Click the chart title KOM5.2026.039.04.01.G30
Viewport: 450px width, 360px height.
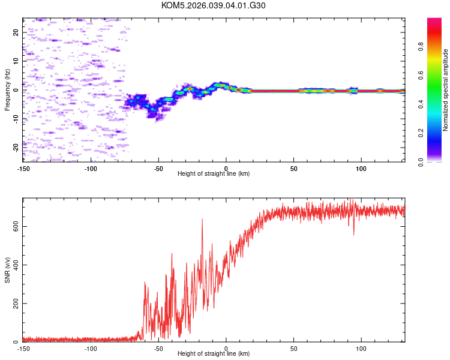(214, 5)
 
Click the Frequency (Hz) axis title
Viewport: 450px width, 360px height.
(7, 90)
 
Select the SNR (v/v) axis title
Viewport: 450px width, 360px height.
(7, 271)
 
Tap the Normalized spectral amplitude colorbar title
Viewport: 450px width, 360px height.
(445, 90)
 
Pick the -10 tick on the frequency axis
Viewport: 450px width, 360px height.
(16, 119)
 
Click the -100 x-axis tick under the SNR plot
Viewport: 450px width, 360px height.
(91, 348)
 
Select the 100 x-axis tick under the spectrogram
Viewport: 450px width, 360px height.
(361, 168)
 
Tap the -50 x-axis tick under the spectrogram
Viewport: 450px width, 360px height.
(158, 168)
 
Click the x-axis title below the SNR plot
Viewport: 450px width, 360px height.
(214, 354)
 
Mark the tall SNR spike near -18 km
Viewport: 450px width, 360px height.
(202, 220)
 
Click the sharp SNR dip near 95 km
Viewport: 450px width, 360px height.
(353, 234)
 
